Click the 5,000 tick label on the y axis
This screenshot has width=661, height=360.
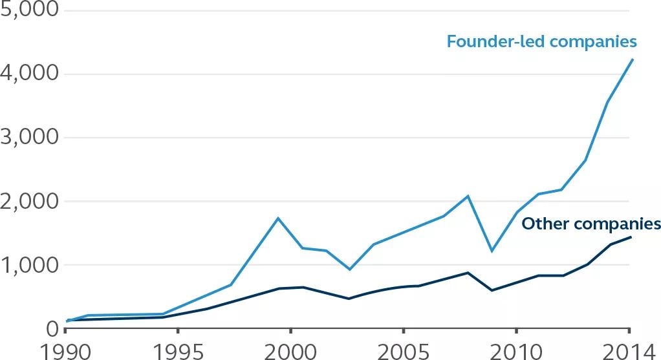(29, 11)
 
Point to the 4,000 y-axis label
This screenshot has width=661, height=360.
(29, 74)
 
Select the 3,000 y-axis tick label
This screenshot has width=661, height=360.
(29, 138)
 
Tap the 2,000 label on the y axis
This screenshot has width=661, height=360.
(29, 201)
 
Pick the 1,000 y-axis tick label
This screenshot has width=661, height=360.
(29, 265)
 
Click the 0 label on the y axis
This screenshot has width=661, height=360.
(51, 328)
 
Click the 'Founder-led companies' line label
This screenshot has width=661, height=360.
(542, 42)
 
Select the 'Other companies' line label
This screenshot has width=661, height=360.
(591, 224)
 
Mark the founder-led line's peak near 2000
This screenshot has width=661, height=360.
(278, 218)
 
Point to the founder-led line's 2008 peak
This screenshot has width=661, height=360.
(468, 196)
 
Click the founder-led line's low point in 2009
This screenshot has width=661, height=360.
(492, 251)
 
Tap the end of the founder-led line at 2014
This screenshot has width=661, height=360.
(632, 59)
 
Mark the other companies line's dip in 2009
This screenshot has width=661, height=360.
(492, 290)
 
